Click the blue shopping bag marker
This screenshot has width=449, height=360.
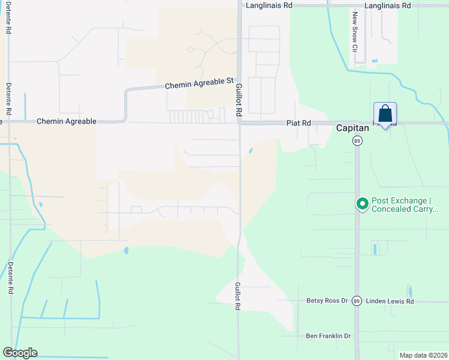(x=385, y=113)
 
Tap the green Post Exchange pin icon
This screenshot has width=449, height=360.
(x=362, y=204)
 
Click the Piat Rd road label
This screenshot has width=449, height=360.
(x=298, y=122)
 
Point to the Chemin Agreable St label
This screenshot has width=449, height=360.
(x=199, y=83)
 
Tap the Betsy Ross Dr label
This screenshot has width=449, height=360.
(x=327, y=301)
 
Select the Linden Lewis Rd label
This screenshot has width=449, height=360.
(x=390, y=301)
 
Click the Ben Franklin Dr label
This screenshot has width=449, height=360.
(x=328, y=336)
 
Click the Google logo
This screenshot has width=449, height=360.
(x=20, y=353)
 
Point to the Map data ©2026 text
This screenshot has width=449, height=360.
(x=424, y=355)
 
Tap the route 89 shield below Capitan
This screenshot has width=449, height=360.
(x=357, y=140)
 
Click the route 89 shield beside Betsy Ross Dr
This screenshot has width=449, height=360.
(x=357, y=301)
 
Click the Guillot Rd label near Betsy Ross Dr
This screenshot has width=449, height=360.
(x=238, y=296)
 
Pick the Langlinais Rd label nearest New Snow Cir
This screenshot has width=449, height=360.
(x=389, y=5)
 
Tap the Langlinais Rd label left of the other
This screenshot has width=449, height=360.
(x=269, y=5)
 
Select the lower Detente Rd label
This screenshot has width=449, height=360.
(x=10, y=277)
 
